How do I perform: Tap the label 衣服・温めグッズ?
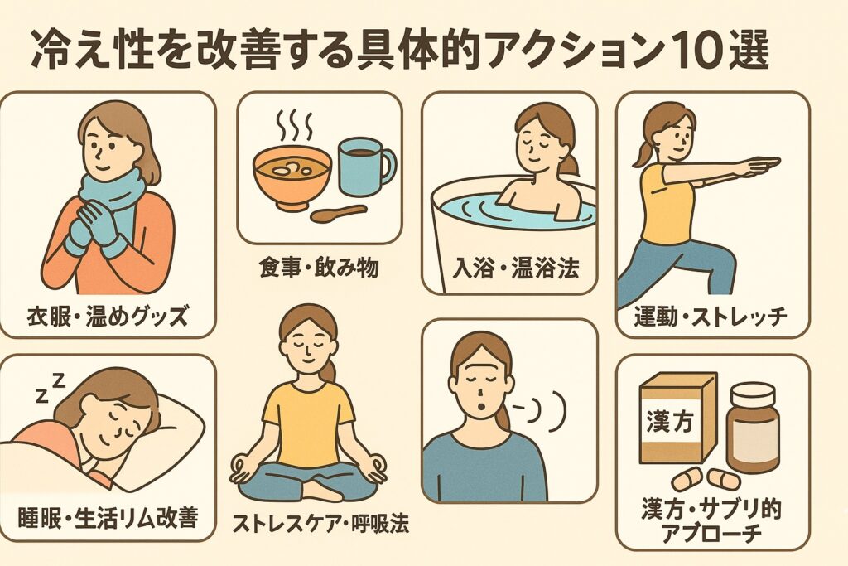[108, 316]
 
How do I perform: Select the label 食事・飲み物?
[319, 268]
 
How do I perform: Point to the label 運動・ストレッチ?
[712, 316]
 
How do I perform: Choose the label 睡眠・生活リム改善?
[108, 517]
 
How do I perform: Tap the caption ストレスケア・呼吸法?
[320, 523]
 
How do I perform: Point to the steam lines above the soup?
[295, 125]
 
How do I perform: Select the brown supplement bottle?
[753, 428]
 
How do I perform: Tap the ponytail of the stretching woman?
[643, 152]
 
